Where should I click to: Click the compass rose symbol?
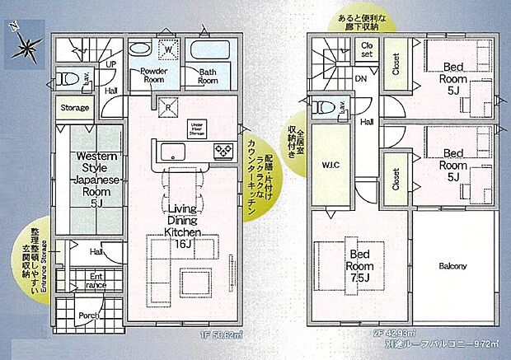(25, 48)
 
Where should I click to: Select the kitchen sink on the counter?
(174, 151)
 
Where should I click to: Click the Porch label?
(89, 316)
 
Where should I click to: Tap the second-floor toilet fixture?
(324, 106)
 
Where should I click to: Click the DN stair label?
(360, 79)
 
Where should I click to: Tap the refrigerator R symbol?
(167, 105)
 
